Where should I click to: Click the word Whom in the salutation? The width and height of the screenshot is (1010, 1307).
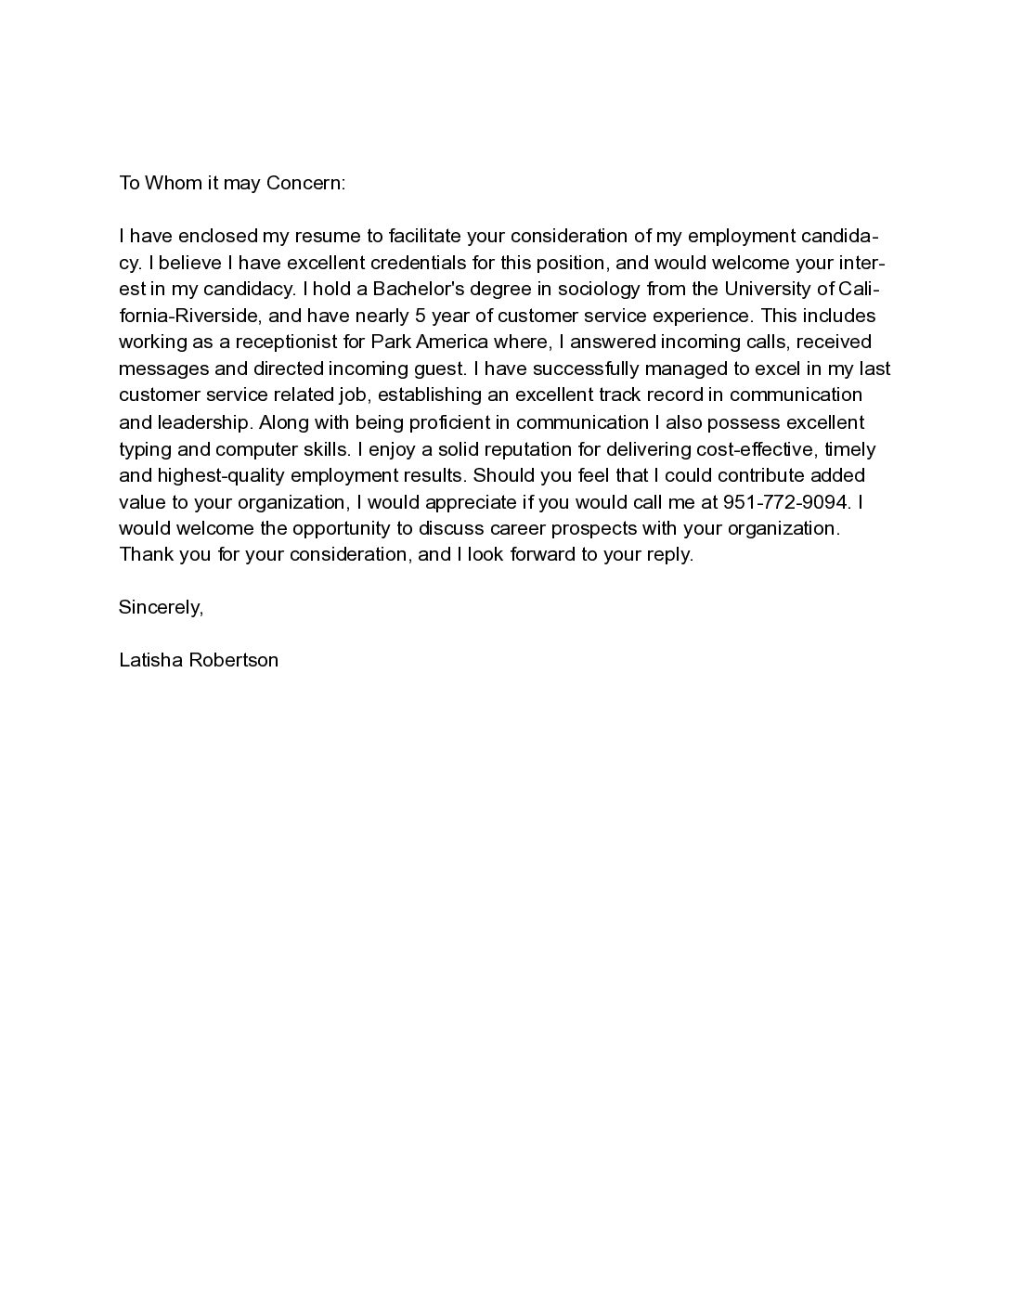click(x=171, y=183)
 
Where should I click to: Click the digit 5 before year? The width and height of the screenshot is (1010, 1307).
click(x=421, y=316)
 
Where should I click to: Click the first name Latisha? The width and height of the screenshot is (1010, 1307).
click(x=150, y=661)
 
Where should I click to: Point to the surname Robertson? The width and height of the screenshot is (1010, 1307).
click(x=234, y=661)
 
